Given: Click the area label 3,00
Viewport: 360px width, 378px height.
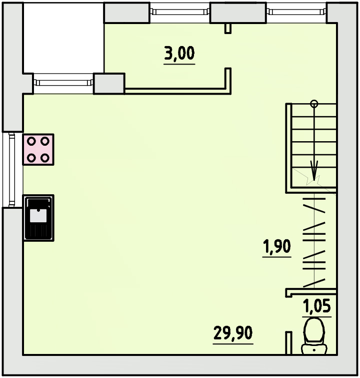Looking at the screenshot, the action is (179, 53).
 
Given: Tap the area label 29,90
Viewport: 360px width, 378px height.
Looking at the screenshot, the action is (233, 333).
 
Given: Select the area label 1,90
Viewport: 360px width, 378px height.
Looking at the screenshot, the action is (277, 246).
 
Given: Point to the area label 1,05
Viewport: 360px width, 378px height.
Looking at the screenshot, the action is (316, 306).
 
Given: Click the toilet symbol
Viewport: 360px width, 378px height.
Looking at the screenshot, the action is (314, 336).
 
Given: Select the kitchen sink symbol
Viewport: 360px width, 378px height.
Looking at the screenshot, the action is (38, 218).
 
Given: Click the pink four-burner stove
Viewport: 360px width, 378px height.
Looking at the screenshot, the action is (38, 150).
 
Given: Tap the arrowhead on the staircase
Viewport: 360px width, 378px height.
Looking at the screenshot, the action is (314, 170).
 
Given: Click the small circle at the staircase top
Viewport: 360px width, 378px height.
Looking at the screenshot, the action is (314, 104).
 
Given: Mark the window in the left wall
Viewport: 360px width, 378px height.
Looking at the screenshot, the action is (12, 170).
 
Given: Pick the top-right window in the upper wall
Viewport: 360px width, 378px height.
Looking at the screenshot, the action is (296, 13).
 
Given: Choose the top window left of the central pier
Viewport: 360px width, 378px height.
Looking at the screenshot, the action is (180, 13).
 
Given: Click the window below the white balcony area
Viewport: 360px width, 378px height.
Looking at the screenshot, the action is (63, 83).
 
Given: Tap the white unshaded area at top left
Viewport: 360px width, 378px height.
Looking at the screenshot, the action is (63, 38).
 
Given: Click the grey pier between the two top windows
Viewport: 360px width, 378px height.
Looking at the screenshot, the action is (238, 13).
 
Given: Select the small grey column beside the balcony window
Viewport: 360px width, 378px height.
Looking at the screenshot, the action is (109, 84).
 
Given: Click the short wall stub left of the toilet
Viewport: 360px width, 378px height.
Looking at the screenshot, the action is (288, 343).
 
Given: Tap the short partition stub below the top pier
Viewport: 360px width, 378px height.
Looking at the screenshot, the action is (228, 28).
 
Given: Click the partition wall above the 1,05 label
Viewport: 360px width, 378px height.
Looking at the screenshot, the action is (310, 292).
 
